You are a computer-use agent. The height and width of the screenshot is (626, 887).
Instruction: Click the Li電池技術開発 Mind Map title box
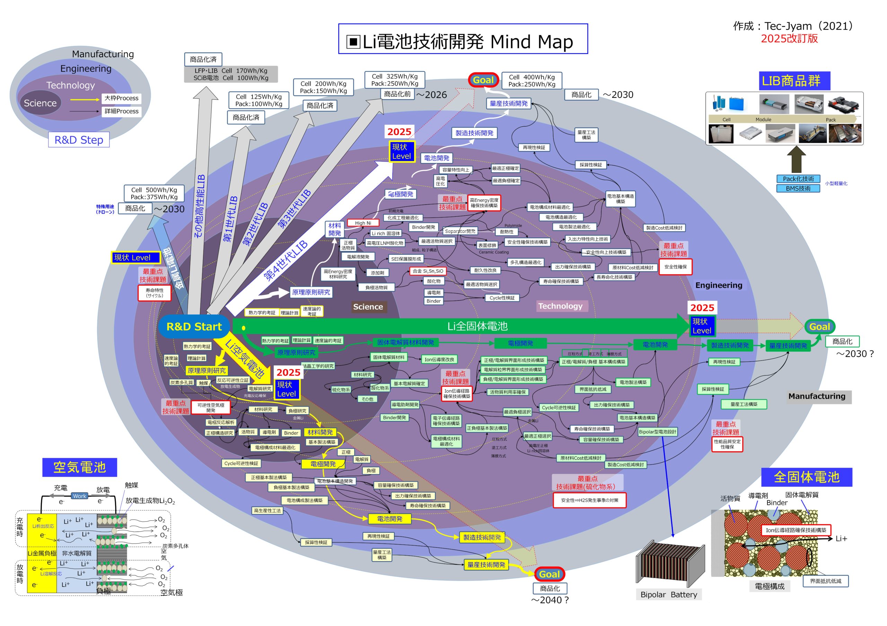(463, 39)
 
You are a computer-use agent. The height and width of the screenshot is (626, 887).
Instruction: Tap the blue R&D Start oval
(194, 327)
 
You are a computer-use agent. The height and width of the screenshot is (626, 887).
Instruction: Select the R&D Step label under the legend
(79, 140)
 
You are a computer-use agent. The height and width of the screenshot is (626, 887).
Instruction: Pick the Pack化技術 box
(798, 179)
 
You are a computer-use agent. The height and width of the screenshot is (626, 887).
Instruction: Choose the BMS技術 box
(798, 188)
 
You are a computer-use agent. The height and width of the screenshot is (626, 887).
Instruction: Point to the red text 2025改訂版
(789, 38)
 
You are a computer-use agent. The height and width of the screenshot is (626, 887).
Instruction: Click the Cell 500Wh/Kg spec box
(154, 193)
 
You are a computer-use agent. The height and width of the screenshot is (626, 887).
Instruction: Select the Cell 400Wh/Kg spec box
(532, 80)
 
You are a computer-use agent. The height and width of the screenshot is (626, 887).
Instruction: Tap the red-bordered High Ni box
(363, 223)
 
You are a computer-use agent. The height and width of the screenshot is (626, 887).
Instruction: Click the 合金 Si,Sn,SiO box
(428, 271)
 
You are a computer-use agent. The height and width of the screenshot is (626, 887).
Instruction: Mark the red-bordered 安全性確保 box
(675, 267)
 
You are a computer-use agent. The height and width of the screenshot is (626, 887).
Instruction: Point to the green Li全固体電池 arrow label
(477, 326)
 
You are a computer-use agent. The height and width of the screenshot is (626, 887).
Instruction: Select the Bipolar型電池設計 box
(658, 431)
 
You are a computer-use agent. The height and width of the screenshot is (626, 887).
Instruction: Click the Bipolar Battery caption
(669, 594)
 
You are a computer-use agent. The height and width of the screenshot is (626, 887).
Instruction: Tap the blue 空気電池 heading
(80, 467)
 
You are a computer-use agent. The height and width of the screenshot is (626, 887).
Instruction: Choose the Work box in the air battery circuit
(80, 496)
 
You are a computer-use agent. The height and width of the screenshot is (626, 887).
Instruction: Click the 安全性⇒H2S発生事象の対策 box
(589, 500)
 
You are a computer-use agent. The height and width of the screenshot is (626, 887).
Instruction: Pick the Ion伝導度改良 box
(439, 359)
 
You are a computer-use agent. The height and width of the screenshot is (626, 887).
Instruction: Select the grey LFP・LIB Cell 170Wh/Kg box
(231, 74)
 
